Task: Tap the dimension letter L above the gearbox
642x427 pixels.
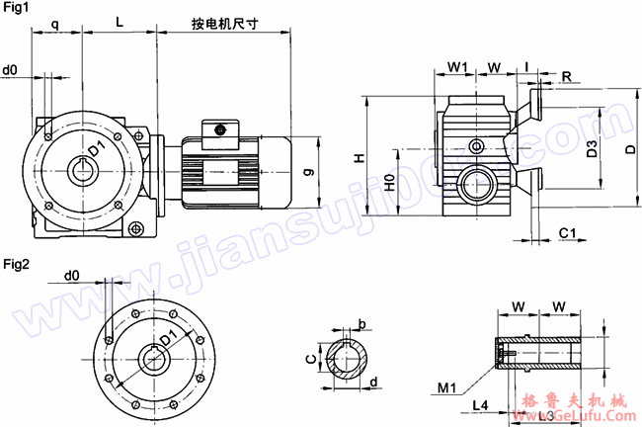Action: click(x=119, y=21)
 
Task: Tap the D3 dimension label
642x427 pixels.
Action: click(x=591, y=149)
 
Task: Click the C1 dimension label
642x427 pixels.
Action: click(x=567, y=232)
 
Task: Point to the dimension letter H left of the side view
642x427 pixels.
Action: click(x=361, y=157)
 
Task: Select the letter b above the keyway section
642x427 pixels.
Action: click(x=361, y=324)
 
